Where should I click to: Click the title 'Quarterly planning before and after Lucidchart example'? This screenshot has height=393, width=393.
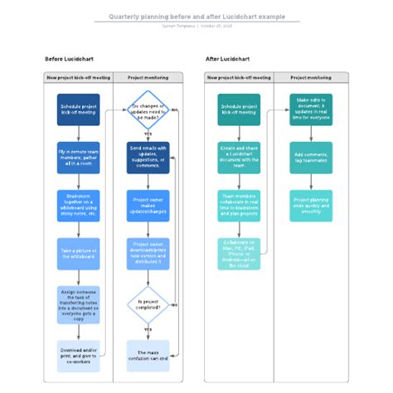click(196, 16)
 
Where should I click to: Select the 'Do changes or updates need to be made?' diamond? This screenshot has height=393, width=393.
click(148, 109)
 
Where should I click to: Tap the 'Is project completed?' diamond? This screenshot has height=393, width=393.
click(148, 304)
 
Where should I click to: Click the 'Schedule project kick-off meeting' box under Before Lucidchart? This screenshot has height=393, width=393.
click(79, 109)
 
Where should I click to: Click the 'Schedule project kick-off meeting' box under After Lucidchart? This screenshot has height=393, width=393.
click(239, 109)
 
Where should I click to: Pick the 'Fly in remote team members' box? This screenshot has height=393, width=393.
click(79, 157)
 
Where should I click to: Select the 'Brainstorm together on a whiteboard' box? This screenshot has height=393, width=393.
click(79, 206)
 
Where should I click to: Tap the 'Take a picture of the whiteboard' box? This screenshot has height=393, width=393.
click(79, 254)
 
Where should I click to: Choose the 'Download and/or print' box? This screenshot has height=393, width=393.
click(79, 355)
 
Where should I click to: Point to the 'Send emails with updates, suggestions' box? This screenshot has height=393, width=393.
click(148, 158)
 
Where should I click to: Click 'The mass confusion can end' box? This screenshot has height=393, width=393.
click(148, 355)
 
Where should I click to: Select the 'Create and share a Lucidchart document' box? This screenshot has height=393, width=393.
click(239, 158)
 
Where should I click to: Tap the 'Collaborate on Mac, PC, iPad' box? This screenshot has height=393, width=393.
click(239, 254)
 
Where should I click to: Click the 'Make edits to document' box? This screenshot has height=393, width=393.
click(311, 109)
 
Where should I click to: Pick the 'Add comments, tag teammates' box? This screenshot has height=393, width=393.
click(311, 158)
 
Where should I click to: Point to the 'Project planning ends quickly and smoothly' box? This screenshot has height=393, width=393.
click(311, 206)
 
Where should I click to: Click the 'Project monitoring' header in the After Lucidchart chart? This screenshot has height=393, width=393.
click(311, 77)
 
